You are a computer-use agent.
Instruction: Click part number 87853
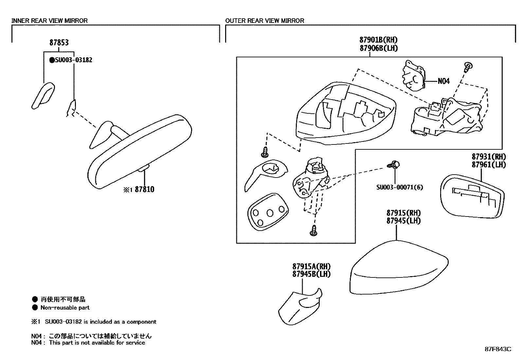tap(59, 43)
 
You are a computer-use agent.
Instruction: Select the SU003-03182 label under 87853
tap(73, 60)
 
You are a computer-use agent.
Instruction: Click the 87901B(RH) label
tap(378, 40)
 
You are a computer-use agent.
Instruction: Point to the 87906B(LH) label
tap(378, 48)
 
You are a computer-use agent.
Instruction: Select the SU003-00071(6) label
tap(399, 187)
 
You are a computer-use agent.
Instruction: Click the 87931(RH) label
tap(489, 157)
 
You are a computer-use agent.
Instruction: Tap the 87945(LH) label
tap(403, 220)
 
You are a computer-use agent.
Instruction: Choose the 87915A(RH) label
tap(311, 267)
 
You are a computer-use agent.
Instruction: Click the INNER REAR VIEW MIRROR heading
tap(49, 21)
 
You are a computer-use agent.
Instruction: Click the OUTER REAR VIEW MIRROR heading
tap(264, 21)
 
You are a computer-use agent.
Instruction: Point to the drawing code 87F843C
tap(498, 349)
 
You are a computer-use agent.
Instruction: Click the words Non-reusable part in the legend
tap(65, 308)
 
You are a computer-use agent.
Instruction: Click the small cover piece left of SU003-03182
tap(43, 95)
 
